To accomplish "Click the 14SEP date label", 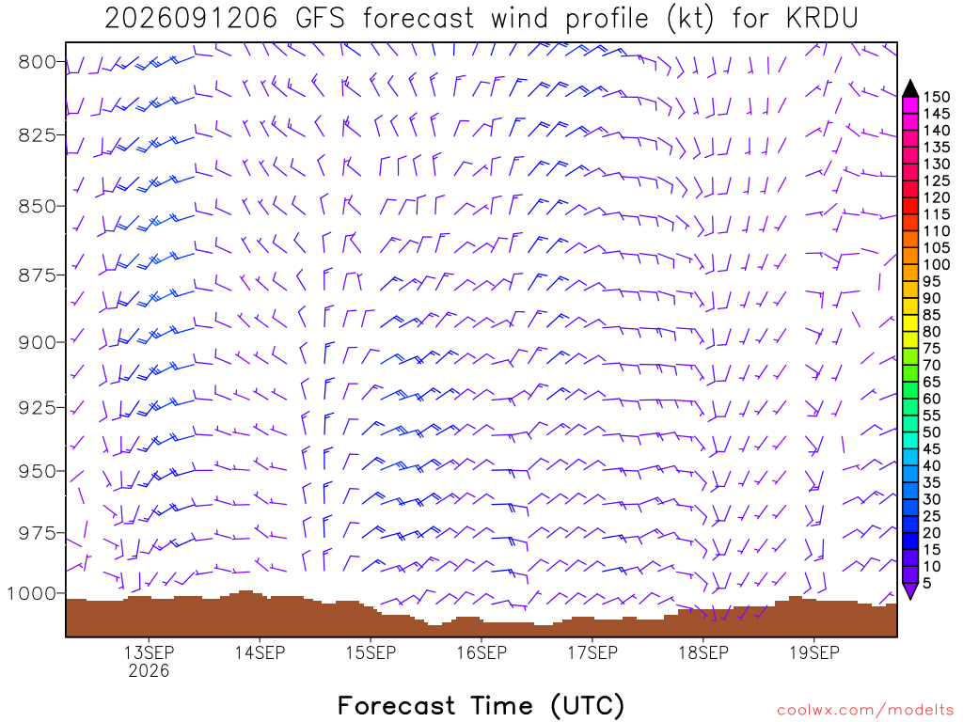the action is pyautogui.click(x=260, y=652).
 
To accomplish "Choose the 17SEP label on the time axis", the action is pyautogui.click(x=592, y=652).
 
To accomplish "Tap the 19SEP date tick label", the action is pyautogui.click(x=814, y=652).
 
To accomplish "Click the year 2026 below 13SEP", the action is pyautogui.click(x=149, y=670).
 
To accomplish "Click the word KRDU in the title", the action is pyautogui.click(x=822, y=19).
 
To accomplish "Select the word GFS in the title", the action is pyautogui.click(x=320, y=19).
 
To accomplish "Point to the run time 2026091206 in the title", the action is pyautogui.click(x=191, y=19).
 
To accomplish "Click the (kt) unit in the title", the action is pyautogui.click(x=691, y=19).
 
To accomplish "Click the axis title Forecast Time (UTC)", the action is pyautogui.click(x=481, y=706).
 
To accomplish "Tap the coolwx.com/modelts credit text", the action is pyautogui.click(x=865, y=711).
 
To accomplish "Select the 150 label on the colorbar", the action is pyautogui.click(x=937, y=97).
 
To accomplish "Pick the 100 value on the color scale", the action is pyautogui.click(x=937, y=264).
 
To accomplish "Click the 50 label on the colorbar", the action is pyautogui.click(x=932, y=432).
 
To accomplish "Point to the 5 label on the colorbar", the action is pyautogui.click(x=927, y=583).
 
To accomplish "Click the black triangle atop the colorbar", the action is pyautogui.click(x=910, y=88).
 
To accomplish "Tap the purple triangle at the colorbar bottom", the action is pyautogui.click(x=910, y=590).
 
